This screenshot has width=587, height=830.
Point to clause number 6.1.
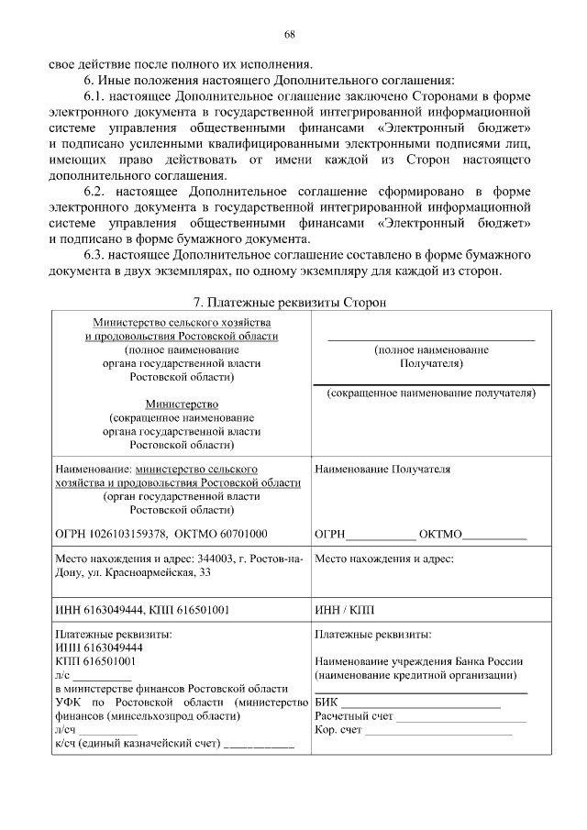coord(99,96)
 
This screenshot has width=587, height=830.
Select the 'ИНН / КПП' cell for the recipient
coord(344,610)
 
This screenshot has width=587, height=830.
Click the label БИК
coord(325,702)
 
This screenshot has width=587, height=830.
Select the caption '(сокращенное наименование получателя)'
coord(431,393)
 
